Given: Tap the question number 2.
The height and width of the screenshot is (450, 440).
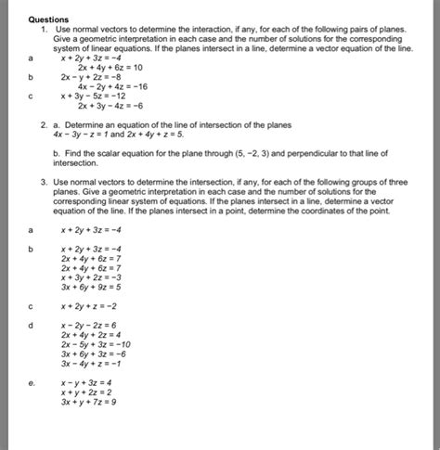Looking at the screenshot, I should point(45,123).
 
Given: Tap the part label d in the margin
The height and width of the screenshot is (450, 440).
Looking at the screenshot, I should point(31,326).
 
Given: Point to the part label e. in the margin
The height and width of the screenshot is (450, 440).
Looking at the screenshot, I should point(32,382).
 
